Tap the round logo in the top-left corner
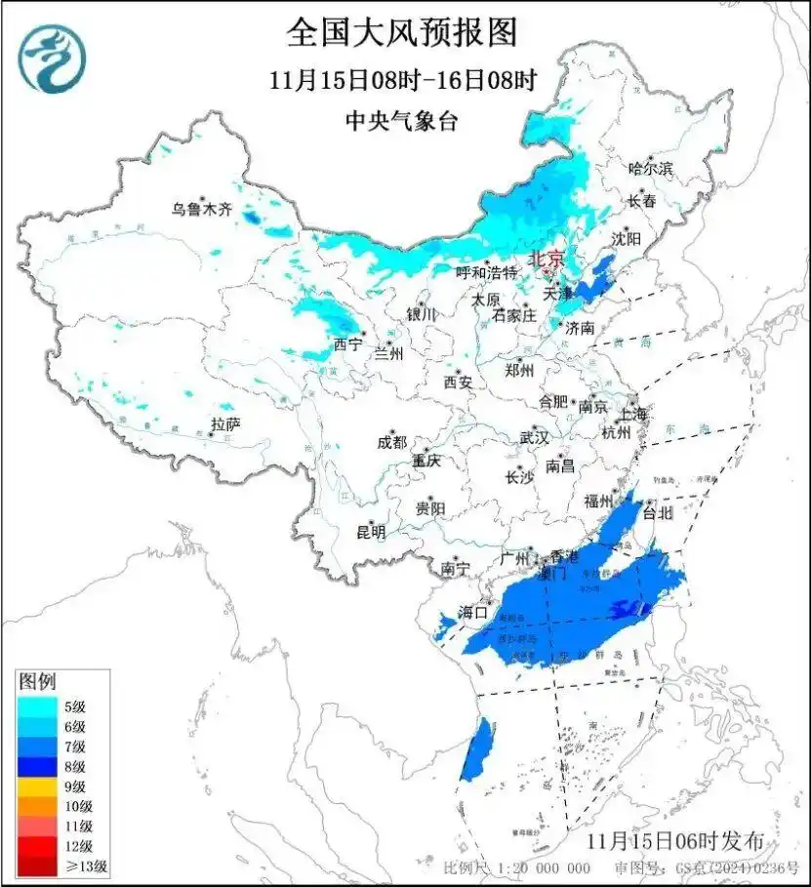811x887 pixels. click(x=54, y=57)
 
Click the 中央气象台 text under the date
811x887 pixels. click(x=401, y=121)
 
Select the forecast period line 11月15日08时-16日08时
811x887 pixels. click(x=402, y=80)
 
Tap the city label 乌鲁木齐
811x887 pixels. click(x=201, y=208)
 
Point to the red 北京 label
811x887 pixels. click(x=546, y=259)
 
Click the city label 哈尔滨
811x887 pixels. click(x=650, y=169)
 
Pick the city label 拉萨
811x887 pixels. click(x=225, y=423)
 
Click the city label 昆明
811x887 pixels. click(x=370, y=532)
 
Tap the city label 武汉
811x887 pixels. click(x=534, y=436)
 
